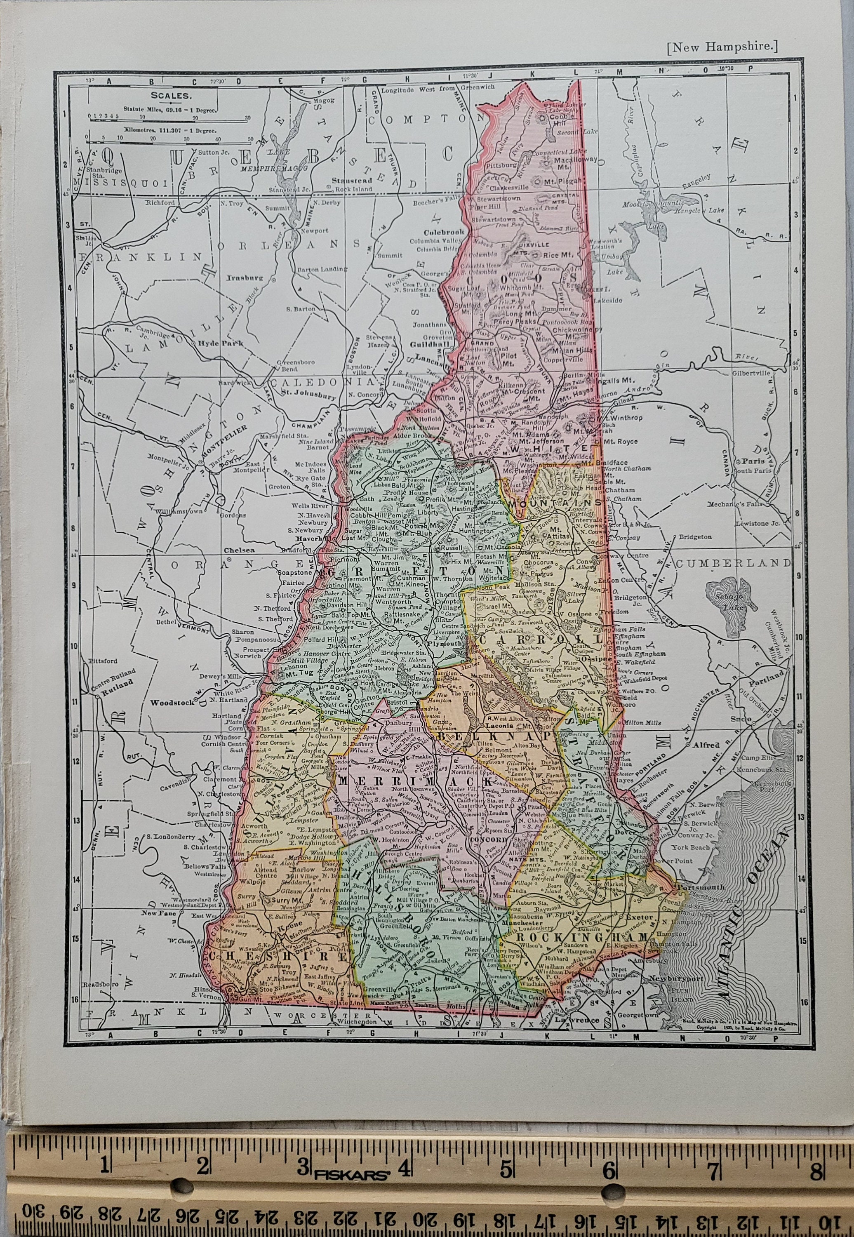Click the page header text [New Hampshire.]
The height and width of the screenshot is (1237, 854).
tap(722, 47)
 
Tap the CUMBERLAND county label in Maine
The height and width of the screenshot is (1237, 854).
tap(733, 563)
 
